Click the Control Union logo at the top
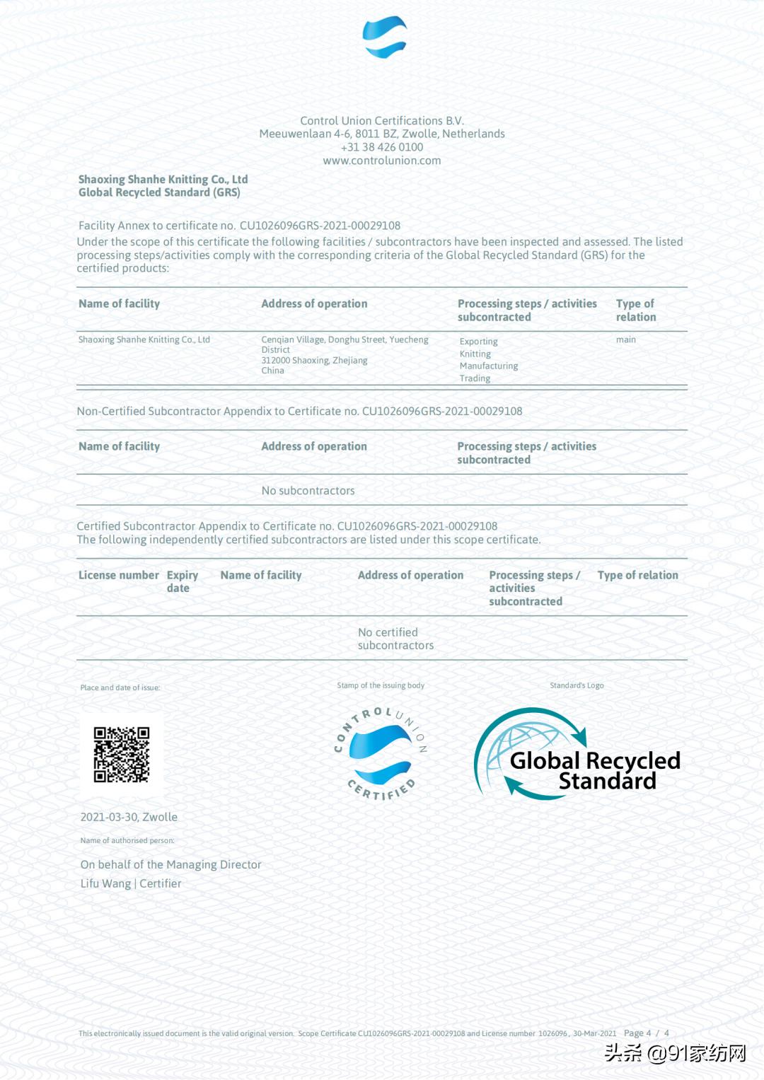384,37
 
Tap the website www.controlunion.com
382,161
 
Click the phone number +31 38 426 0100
382,147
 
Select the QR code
122,754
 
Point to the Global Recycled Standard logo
577,755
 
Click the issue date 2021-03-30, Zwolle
129,817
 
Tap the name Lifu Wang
105,883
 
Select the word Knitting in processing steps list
475,354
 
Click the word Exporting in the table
478,342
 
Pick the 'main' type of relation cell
625,339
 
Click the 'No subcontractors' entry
308,491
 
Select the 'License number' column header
118,575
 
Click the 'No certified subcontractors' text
395,639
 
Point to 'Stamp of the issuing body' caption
381,685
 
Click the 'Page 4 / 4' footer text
646,1033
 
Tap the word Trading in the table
475,378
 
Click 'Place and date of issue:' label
120,687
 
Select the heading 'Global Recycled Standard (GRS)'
159,192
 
